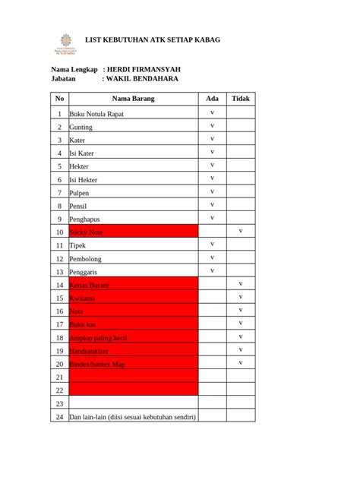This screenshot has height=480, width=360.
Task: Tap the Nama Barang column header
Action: coord(133,99)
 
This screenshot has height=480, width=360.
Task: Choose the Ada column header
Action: coord(213,99)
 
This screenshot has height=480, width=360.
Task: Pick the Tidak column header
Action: coord(241,99)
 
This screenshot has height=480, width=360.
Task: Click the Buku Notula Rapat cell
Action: coord(96,114)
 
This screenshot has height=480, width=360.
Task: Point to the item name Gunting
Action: coord(81,128)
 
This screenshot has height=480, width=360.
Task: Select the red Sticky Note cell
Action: coord(133,232)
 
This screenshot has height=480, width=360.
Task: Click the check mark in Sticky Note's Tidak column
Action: coord(241,230)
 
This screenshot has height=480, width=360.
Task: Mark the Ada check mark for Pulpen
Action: coord(213,191)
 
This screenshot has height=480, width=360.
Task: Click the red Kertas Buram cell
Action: coord(133,285)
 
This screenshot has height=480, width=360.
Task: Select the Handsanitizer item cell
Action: coord(133,351)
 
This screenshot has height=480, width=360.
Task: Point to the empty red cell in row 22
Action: coord(133,390)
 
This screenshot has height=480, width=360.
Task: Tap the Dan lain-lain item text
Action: coord(132,418)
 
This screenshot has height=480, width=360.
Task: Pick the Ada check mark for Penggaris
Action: coord(213,270)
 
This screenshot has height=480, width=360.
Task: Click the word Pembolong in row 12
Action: coord(86,258)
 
